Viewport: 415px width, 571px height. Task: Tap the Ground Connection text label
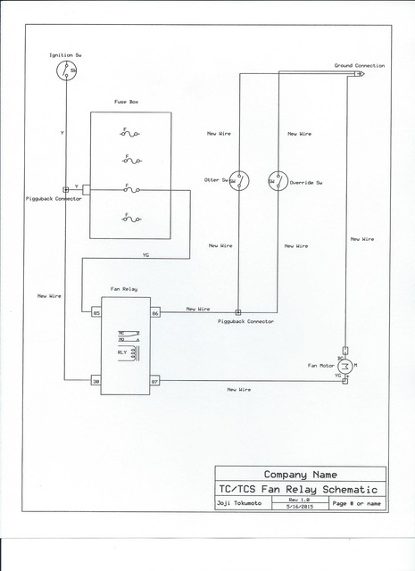point(359,65)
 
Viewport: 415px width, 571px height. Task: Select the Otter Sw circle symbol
point(238,180)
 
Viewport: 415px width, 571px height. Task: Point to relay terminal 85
point(96,313)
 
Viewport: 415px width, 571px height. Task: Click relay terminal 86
point(154,313)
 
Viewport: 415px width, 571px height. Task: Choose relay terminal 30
point(96,381)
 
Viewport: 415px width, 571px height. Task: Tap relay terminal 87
point(154,381)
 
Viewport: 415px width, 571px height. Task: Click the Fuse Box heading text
point(127,102)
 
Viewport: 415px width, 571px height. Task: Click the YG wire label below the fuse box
point(145,255)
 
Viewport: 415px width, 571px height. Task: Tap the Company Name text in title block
point(299,474)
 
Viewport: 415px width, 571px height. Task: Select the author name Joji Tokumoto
point(241,504)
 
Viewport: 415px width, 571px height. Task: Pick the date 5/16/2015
point(297,508)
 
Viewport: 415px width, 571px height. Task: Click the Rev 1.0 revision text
point(297,501)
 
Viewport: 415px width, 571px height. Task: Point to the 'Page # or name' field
point(356,504)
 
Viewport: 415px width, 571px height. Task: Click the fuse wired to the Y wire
point(131,189)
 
